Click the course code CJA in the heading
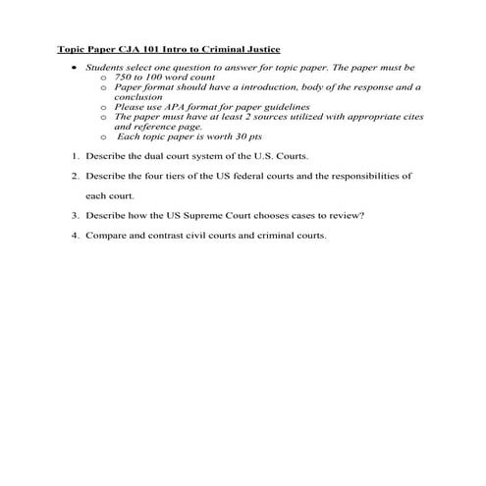point(127,49)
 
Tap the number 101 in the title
point(149,49)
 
